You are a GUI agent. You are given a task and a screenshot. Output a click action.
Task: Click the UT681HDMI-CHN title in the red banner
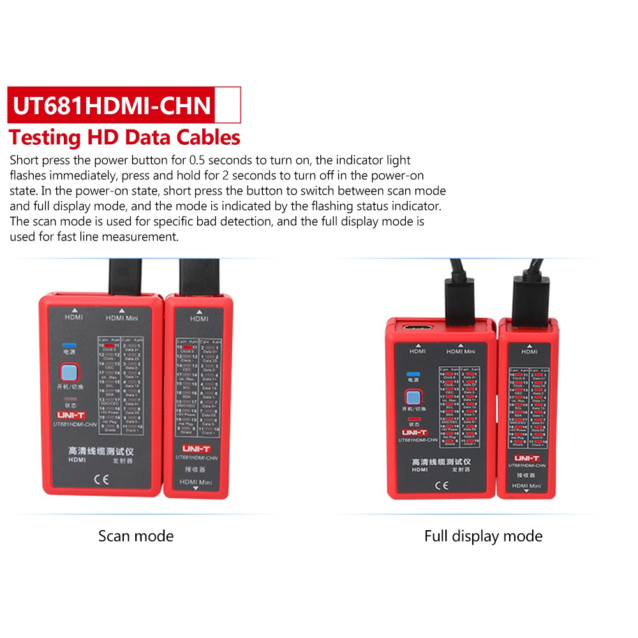coord(112,105)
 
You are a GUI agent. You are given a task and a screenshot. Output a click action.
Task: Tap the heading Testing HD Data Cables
coord(124,137)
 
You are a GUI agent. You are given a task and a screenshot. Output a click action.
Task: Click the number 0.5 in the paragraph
coord(200,160)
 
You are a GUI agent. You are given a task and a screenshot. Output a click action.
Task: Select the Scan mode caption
coord(136,535)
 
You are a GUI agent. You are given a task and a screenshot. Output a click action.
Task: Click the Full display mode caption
coord(483,536)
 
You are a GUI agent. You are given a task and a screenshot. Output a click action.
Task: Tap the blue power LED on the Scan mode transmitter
coord(66,345)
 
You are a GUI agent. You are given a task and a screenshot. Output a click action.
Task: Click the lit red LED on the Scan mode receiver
coord(189,347)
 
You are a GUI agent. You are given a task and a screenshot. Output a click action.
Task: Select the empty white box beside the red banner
coord(228,105)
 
